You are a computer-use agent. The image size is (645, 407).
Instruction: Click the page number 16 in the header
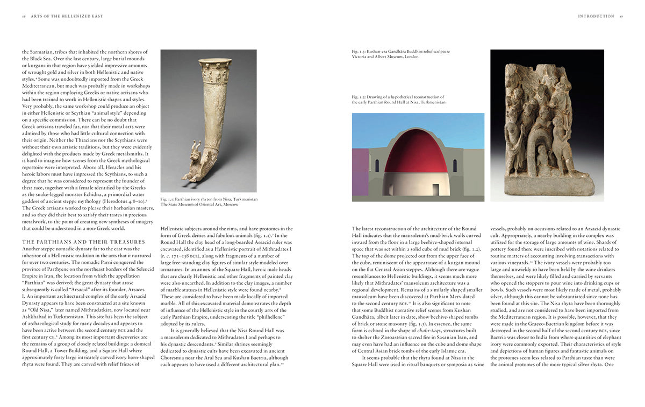24,16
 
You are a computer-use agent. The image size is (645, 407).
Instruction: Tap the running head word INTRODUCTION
596,16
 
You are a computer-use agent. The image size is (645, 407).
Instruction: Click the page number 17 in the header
621,16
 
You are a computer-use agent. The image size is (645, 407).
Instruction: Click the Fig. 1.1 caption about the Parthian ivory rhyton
209,199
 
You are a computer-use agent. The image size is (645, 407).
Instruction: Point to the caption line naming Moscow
199,205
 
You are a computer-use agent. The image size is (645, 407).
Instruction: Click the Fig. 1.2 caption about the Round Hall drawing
398,99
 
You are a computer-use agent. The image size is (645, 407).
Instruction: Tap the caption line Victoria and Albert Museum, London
385,57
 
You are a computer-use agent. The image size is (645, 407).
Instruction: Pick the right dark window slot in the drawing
455,165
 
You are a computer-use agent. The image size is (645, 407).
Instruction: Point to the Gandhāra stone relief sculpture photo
542,125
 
